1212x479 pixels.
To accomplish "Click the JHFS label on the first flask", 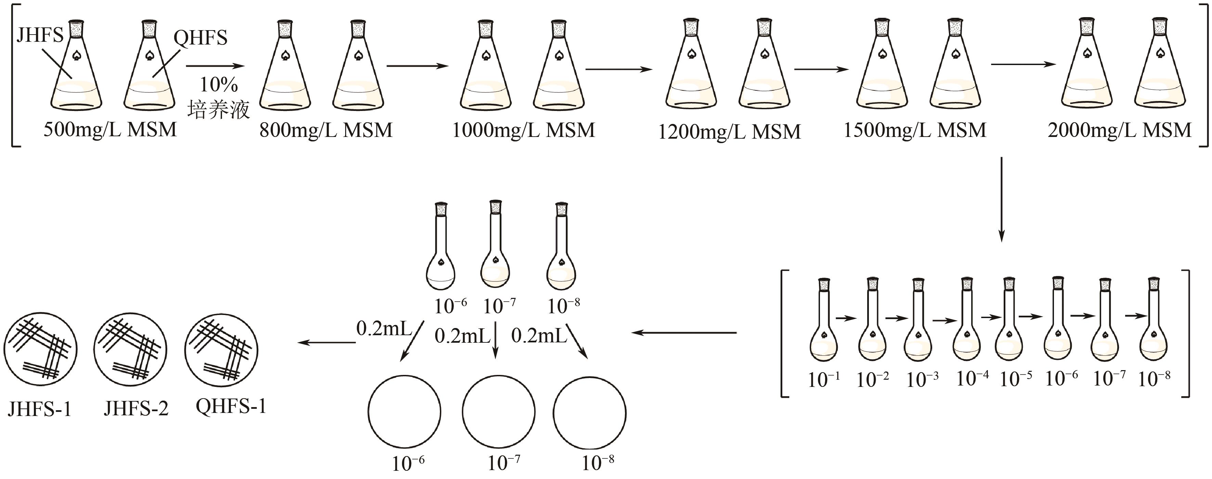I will pos(40,35).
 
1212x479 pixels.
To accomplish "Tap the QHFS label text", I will pos(200,38).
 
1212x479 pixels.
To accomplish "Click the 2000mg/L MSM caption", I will pos(1119,130).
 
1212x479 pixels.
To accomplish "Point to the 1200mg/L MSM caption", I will pos(729,132).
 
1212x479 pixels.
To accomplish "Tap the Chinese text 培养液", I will pos(218,110).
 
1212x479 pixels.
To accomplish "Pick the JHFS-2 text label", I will pos(136,408).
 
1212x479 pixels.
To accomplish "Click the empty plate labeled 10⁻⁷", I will pos(499,412).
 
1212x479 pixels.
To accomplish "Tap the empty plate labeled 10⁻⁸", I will pos(589,413).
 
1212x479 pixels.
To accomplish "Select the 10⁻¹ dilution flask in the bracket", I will pos(823,325).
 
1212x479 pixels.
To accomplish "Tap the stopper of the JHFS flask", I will pos(76,29).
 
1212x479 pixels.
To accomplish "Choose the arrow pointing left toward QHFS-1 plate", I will pos(327,342).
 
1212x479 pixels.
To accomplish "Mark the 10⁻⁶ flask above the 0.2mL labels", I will pos(441,250).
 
